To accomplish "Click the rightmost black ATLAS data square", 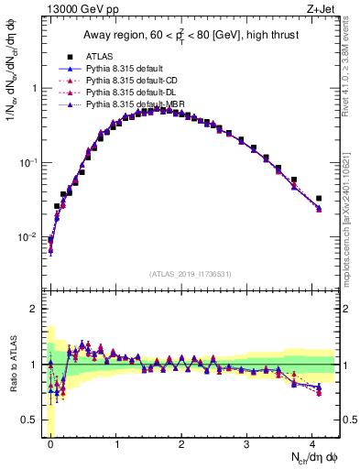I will click(x=319, y=198).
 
